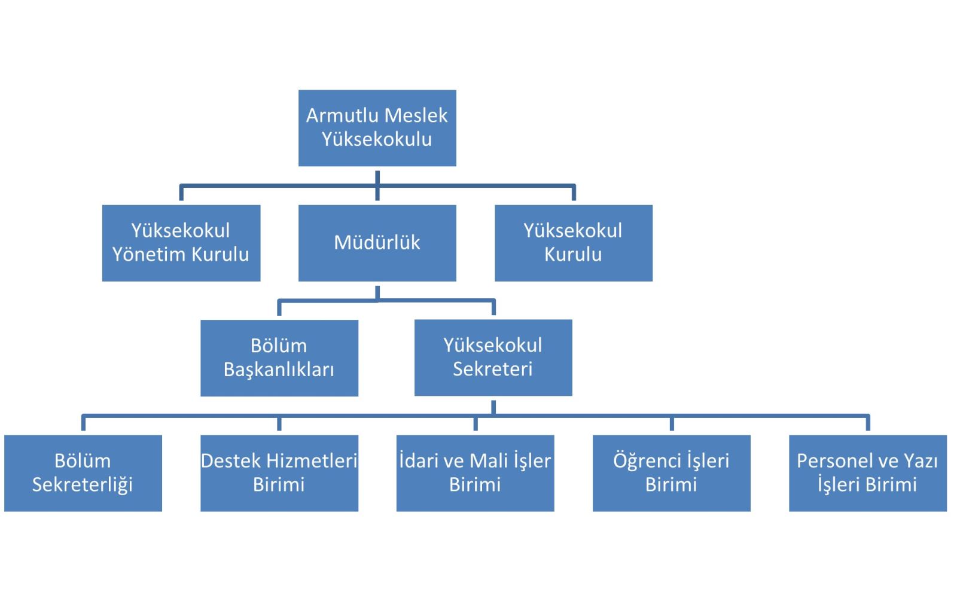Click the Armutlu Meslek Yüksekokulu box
pos(377,128)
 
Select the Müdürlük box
pos(377,243)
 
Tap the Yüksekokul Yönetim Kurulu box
pos(181,243)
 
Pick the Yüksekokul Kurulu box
pos(574,243)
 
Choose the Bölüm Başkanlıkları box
pos(279,358)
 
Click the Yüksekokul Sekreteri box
pos(493,358)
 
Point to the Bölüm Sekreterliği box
pos(83,473)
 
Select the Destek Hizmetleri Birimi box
pos(279,473)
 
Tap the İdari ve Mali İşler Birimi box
pos(475,473)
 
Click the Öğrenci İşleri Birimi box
pos(672,473)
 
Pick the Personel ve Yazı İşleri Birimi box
pos(868,473)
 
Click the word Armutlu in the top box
pos(342,116)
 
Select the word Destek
pos(231,461)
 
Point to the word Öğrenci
pos(647,461)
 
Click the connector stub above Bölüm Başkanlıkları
pos(279,307)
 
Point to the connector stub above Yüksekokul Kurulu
pos(574,192)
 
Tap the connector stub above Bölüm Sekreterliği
pos(83,422)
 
